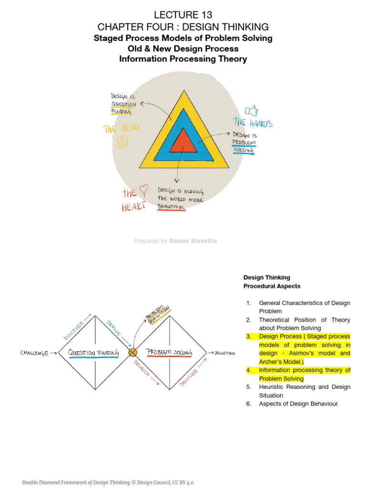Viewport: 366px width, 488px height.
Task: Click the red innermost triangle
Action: click(x=183, y=142)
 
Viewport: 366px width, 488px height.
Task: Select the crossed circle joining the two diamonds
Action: click(x=133, y=353)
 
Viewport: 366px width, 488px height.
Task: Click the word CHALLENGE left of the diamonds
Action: click(x=35, y=353)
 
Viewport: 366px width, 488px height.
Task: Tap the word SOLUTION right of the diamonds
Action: click(x=224, y=353)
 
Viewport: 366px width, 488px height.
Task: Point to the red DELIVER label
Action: click(x=190, y=376)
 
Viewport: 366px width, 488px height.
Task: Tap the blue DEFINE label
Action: click(x=113, y=328)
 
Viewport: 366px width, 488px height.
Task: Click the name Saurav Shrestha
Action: click(x=193, y=241)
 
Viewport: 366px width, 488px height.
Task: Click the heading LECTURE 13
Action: click(x=183, y=14)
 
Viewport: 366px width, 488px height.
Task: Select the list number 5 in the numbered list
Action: click(x=248, y=387)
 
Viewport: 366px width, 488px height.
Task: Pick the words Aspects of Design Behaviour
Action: click(x=299, y=404)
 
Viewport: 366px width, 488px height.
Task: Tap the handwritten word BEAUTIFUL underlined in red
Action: click(x=171, y=206)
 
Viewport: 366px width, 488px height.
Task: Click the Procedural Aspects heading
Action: click(x=272, y=286)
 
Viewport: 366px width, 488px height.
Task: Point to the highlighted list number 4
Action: click(x=248, y=370)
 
